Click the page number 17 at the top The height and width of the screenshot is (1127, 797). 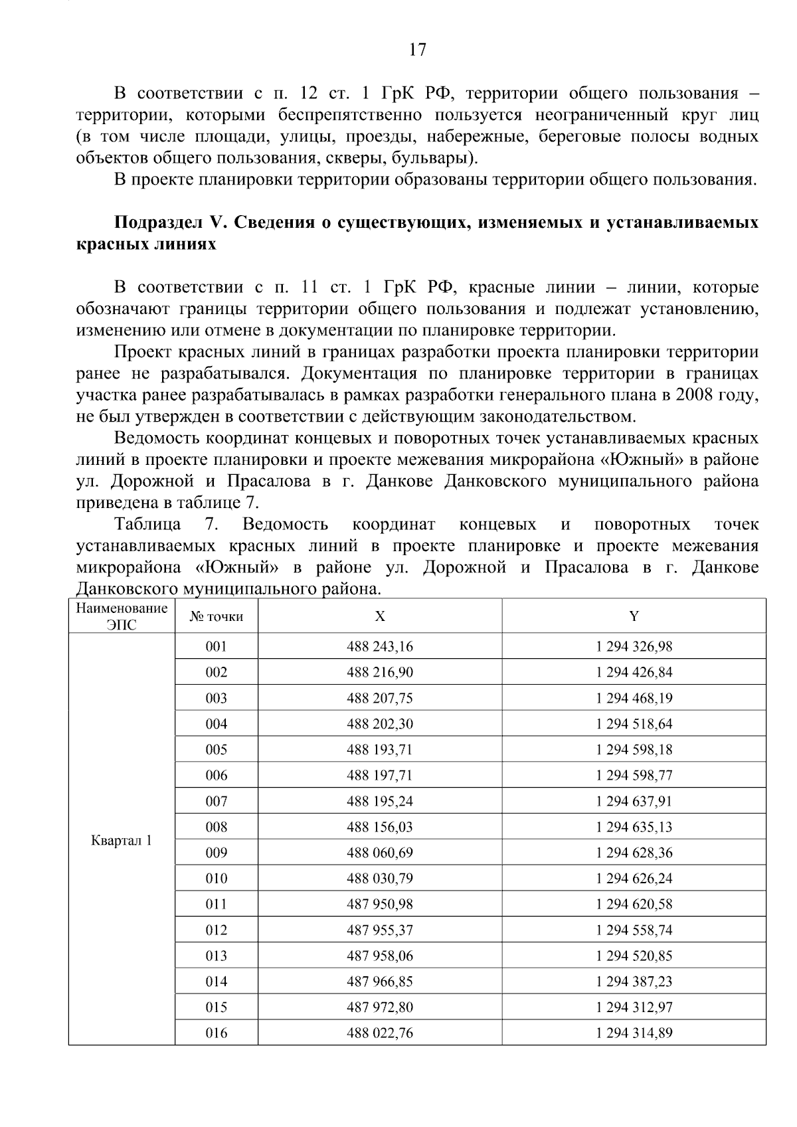[417, 50]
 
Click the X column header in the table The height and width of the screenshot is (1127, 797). [379, 616]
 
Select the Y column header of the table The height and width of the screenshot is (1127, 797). [634, 616]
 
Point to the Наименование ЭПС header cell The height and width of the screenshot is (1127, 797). [122, 616]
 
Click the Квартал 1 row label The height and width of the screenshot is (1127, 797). [122, 841]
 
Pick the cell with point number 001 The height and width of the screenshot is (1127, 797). [217, 646]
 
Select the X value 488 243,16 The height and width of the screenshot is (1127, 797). [379, 646]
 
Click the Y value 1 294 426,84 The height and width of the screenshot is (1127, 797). [634, 672]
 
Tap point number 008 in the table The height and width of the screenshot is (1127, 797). [217, 827]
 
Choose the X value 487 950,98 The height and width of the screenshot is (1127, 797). [379, 905]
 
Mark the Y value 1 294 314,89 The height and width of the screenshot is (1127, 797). [634, 1033]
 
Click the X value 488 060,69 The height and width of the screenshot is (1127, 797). [379, 853]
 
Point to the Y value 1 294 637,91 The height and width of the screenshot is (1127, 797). [634, 801]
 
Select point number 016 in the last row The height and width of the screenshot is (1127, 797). [217, 1033]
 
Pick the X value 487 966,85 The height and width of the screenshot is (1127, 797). [379, 982]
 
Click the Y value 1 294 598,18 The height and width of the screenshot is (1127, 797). [634, 750]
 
